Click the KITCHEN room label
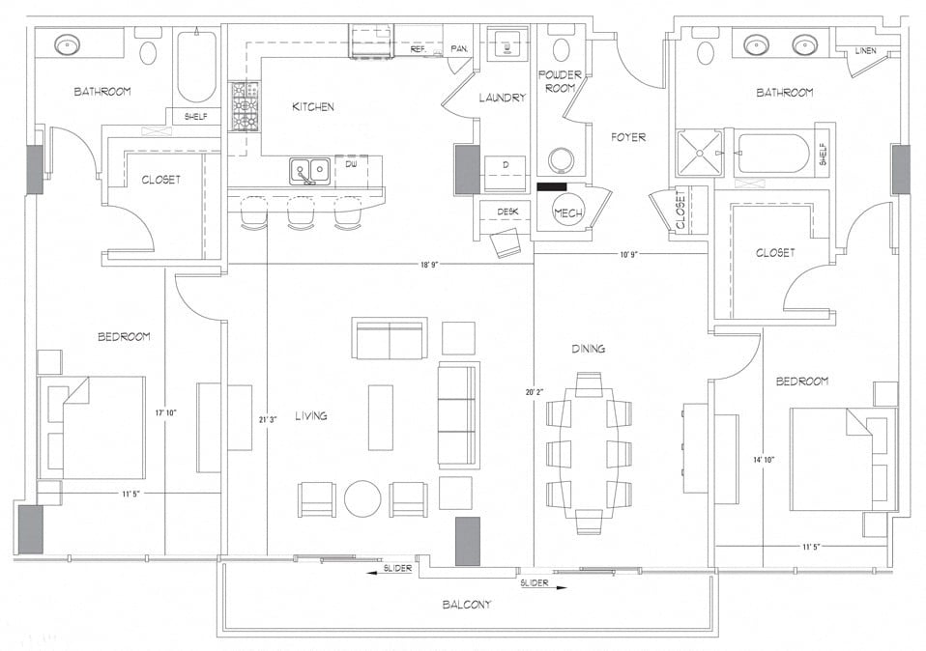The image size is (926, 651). (313, 106)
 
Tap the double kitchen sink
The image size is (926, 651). (309, 171)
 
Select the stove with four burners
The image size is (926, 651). (244, 106)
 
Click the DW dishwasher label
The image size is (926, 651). (351, 164)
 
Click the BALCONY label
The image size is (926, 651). (467, 605)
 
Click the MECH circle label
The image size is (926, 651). (565, 212)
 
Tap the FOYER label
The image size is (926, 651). (628, 137)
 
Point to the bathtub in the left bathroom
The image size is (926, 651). (197, 68)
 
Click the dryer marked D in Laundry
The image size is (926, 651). (506, 165)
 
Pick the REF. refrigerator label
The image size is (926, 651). (419, 48)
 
